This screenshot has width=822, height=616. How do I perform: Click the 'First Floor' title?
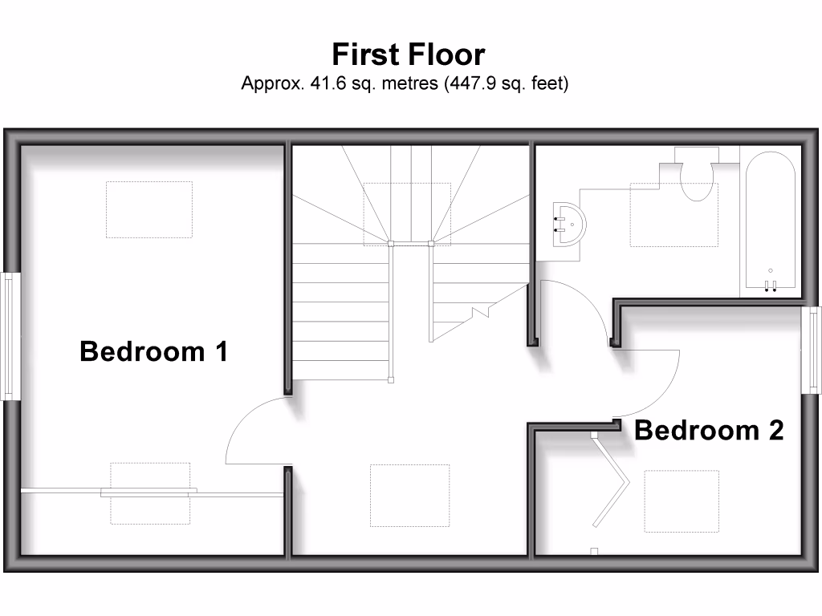tap(408, 55)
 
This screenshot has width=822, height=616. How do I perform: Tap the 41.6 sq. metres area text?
tap(405, 83)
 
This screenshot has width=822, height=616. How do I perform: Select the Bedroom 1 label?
tap(154, 351)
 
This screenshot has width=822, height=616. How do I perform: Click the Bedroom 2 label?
tap(708, 431)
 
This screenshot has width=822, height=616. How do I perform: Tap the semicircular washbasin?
tap(571, 222)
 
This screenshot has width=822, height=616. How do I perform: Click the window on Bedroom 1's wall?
tap(10, 337)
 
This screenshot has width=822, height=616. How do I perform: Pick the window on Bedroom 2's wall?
tap(812, 350)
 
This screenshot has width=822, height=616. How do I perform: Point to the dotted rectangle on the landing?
tap(409, 495)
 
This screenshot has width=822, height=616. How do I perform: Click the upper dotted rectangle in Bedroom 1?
tap(149, 209)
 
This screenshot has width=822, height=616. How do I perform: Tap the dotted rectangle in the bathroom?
tap(674, 215)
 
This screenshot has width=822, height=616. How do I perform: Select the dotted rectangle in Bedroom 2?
tap(682, 500)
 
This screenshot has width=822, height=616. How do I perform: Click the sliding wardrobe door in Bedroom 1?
tap(149, 492)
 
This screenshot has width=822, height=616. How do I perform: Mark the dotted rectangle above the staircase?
tap(407, 213)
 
